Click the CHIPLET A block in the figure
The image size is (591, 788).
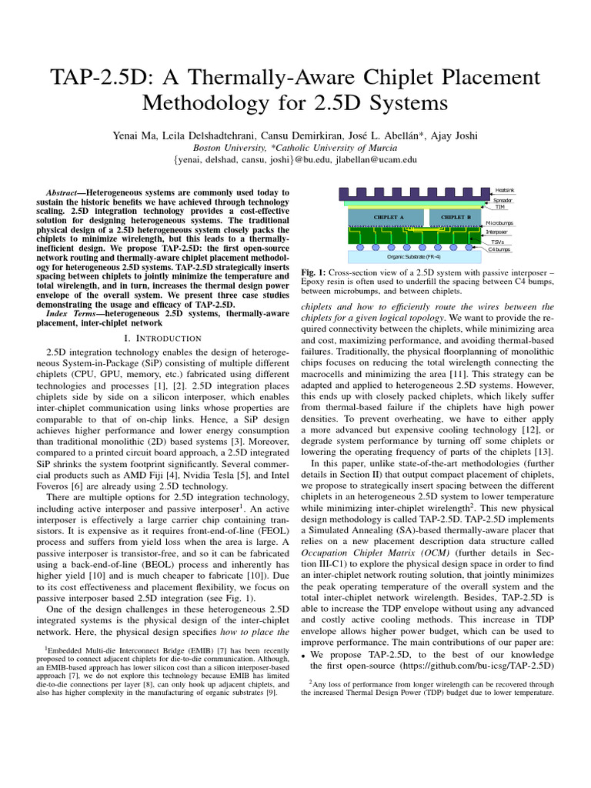tap(389, 217)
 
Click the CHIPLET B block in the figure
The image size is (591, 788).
tap(456, 217)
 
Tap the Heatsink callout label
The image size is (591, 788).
tap(505, 189)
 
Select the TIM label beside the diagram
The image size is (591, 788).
tap(499, 207)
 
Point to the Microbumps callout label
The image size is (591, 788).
tap(500, 222)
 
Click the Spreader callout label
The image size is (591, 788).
tap(503, 200)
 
